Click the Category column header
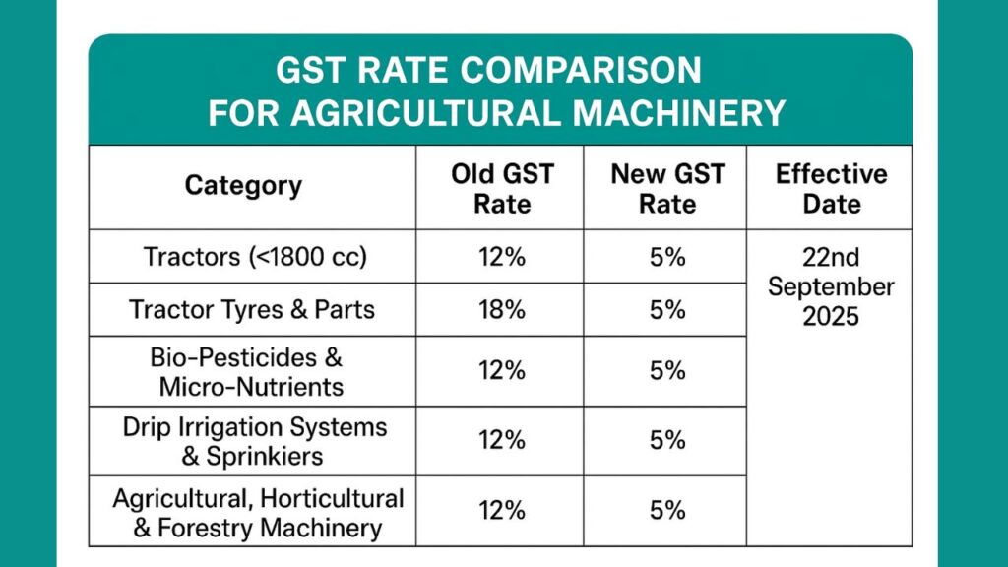pos(243,186)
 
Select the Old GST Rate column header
pos(502,189)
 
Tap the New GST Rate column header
pos(667,189)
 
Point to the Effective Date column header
pos(831,189)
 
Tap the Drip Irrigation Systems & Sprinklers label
pos(255,441)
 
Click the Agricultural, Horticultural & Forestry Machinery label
pos(257,512)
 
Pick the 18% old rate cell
pos(502,310)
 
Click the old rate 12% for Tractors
pos(502,257)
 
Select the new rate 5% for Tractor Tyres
pos(667,310)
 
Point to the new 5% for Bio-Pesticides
pos(667,370)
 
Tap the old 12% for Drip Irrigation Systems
pos(502,441)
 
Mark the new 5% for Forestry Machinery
pos(667,512)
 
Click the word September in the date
pos(831,287)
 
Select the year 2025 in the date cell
pos(831,318)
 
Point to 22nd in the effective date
pos(831,258)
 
